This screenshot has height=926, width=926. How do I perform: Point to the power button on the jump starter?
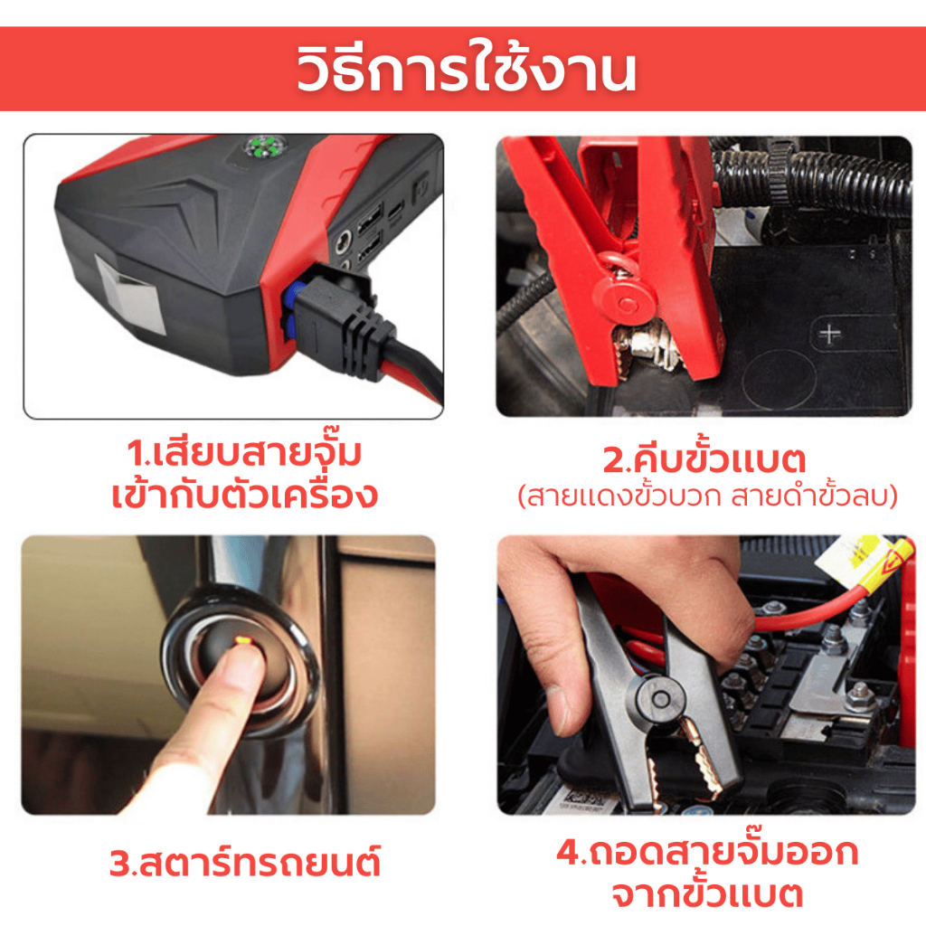(x=420, y=188)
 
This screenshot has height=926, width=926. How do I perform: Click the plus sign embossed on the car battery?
(x=830, y=335)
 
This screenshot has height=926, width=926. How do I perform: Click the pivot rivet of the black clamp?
(x=661, y=699)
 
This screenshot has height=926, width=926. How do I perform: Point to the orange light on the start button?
(x=243, y=639)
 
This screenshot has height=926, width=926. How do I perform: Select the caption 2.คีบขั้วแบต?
(x=704, y=459)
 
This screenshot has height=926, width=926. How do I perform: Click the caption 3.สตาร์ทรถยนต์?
(x=244, y=862)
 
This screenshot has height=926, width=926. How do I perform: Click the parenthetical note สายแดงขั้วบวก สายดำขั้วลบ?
(x=707, y=496)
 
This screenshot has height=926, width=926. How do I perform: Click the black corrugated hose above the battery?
(x=809, y=177)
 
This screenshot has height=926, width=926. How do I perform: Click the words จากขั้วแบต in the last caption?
(x=707, y=894)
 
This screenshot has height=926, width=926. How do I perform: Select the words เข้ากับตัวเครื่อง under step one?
(x=244, y=495)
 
